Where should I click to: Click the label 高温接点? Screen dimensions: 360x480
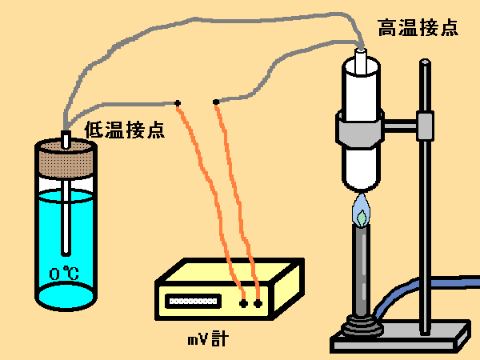[418, 28]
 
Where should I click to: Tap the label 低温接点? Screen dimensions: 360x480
[124, 128]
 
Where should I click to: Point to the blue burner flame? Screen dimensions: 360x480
[362, 210]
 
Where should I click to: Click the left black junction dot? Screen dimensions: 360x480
[177, 103]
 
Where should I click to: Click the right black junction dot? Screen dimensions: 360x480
[216, 102]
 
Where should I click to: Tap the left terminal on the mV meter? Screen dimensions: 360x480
[243, 304]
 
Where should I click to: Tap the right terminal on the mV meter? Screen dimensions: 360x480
[258, 304]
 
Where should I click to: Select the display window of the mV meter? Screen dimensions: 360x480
[192, 302]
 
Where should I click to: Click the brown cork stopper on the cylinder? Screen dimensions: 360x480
[66, 159]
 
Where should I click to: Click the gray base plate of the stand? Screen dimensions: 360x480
[400, 335]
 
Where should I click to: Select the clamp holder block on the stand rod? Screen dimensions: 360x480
[425, 124]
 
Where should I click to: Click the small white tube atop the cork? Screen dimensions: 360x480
[66, 138]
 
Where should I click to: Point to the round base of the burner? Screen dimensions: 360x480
[362, 326]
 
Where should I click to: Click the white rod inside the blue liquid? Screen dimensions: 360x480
[66, 220]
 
